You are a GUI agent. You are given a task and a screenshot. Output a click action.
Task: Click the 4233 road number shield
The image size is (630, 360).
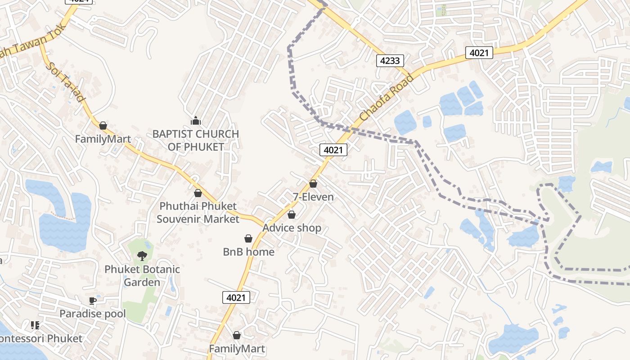coord(390,60)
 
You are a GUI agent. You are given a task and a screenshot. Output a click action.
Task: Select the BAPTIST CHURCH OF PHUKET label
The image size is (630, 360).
coord(196,140)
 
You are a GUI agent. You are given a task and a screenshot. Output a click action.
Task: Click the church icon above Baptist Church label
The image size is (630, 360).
coord(196,121)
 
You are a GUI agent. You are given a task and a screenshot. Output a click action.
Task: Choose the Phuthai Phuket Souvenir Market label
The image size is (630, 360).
coord(198,213)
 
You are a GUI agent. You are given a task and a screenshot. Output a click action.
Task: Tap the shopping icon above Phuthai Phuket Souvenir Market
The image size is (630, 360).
coord(198,193)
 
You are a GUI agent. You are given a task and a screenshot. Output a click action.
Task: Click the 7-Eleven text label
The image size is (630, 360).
coord(313,197)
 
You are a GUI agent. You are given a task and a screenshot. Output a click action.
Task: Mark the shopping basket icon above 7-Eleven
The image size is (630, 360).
coord(313,184)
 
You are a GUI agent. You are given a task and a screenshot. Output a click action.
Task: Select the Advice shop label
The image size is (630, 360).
coord(292,228)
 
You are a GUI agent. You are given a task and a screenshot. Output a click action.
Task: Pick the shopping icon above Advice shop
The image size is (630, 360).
coord(292,215)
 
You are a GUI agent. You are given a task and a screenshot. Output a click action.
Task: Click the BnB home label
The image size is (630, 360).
coord(248,252)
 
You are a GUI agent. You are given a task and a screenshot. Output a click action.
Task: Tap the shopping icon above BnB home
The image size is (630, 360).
coord(248,238)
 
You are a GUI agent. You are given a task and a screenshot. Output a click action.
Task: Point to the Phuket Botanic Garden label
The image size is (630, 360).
coord(142,276)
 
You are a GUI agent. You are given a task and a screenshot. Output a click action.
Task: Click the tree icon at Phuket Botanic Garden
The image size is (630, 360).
coord(142,256)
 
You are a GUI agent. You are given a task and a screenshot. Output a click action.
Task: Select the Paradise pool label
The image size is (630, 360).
coord(93,314)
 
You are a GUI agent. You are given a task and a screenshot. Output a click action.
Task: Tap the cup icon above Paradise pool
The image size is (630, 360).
coord(93,301)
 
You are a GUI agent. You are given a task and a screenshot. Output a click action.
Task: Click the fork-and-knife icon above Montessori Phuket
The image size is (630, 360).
coord(35,325)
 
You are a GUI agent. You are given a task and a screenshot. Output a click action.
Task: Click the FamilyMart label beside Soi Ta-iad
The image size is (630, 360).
coord(103,139)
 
